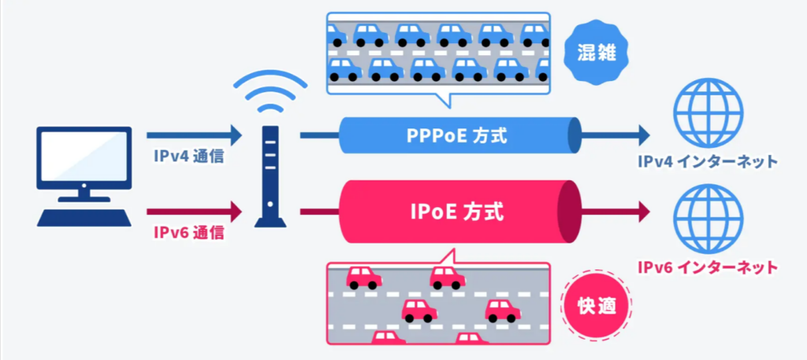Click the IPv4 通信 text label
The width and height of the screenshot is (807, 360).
tap(189, 155)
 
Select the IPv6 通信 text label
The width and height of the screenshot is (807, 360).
tap(189, 232)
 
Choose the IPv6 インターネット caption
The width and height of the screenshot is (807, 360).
tap(708, 267)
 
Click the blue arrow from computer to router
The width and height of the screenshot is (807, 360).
tap(194, 135)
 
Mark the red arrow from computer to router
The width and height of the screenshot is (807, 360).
tap(194, 211)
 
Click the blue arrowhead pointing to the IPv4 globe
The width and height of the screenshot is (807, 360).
tap(642, 135)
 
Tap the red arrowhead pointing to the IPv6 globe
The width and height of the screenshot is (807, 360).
tap(642, 211)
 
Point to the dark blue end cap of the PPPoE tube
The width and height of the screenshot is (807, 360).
tap(574, 135)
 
